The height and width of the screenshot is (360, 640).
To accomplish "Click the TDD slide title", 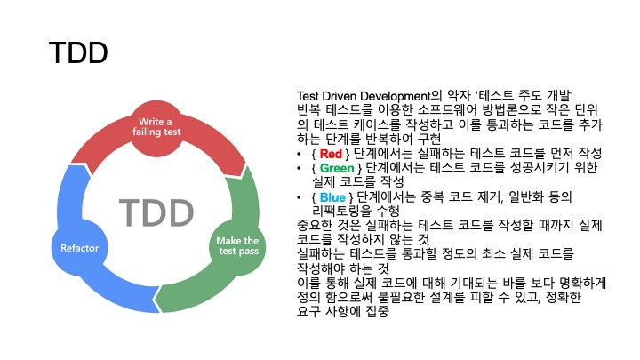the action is coord(79,52).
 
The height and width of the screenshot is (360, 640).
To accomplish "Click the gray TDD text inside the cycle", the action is coord(156,213).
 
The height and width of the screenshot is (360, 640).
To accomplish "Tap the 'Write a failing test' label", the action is coord(158,126).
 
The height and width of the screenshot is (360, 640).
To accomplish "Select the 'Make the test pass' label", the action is coord(237,246).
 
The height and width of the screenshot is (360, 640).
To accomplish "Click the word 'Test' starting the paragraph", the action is coord(311,96).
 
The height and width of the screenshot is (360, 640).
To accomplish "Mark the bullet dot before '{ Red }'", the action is coord(301,154).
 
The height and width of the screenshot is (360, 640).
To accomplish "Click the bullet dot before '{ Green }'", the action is coord(301,168).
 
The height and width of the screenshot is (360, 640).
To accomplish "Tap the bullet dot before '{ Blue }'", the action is coord(301,196).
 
